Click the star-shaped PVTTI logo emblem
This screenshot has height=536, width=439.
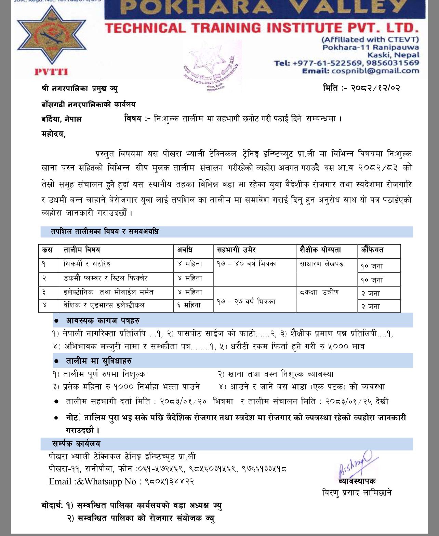pos(51,36)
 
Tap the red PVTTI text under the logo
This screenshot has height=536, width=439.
pos(51,72)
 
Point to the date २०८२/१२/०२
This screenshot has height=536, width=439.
pos(375,88)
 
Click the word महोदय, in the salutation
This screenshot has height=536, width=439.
pos(53,134)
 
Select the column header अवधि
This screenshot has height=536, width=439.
pos(185,250)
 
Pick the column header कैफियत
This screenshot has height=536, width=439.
pos(372,250)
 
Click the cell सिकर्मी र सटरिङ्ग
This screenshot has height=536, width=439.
pos(87,264)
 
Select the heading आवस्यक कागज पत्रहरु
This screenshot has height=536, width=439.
pos(103,321)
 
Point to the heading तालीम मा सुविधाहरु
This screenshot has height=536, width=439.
pos(98,361)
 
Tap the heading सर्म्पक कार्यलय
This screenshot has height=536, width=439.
pos(76,444)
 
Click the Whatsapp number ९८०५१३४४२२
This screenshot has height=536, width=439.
pos(169,482)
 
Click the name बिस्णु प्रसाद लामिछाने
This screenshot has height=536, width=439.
pos(357,493)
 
